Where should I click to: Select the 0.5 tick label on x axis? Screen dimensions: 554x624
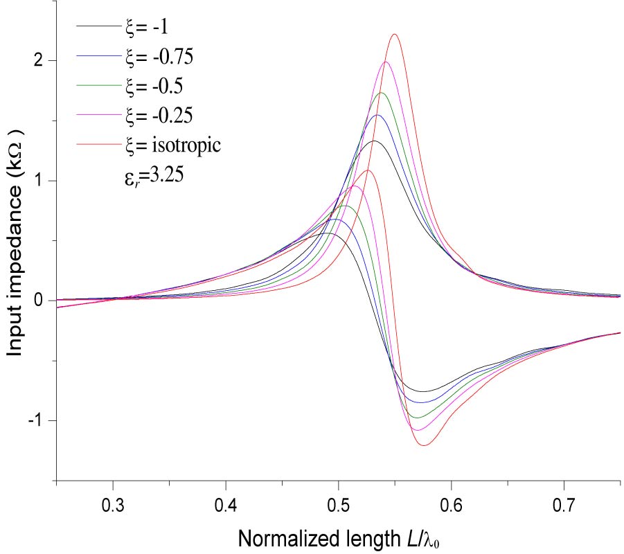(x=339, y=503)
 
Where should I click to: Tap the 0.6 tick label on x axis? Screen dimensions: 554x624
(x=452, y=503)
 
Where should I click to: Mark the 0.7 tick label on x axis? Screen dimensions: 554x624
(x=564, y=503)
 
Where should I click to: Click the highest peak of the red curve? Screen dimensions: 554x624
(x=394, y=34)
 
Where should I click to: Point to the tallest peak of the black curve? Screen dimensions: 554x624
(x=374, y=141)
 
